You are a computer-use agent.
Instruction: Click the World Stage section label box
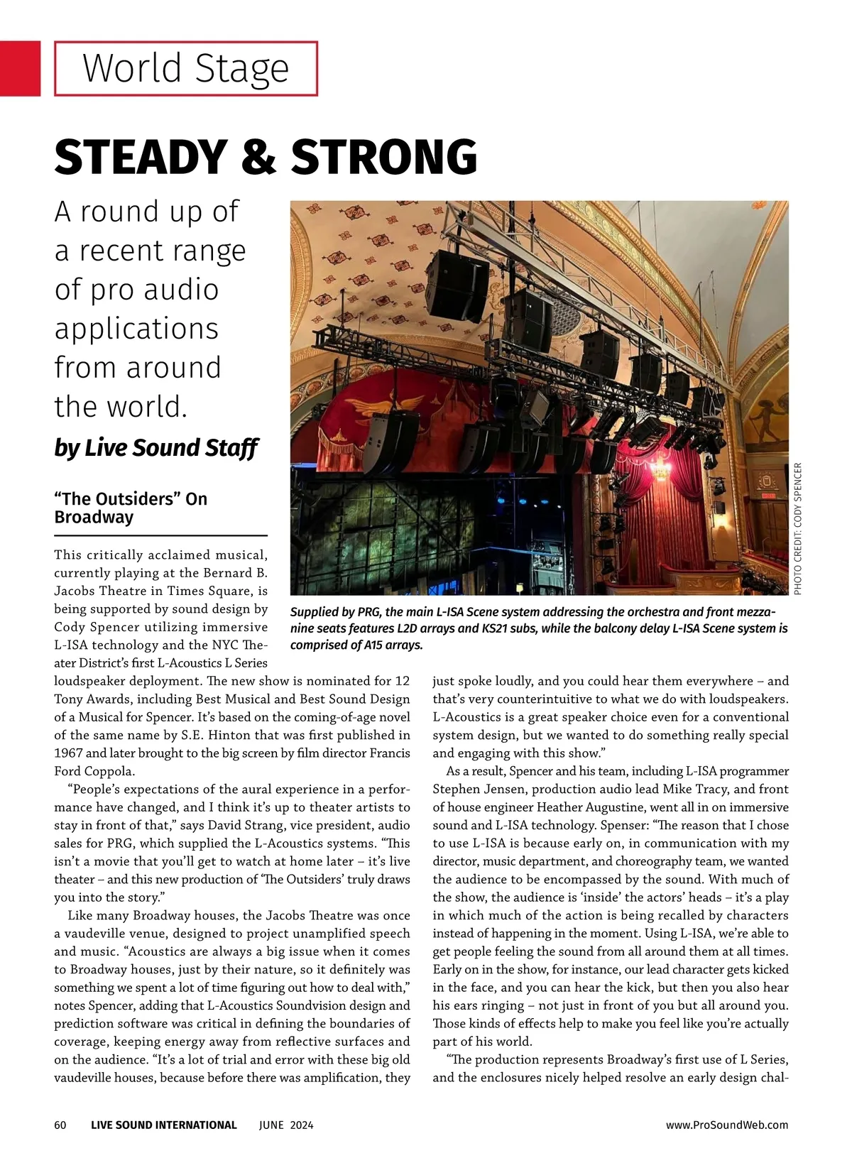(186, 69)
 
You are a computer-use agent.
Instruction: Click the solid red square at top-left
(20, 68)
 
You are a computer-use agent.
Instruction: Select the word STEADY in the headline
(139, 157)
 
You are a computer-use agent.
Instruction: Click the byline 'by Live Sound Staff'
(156, 448)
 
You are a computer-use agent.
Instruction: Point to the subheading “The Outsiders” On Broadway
(131, 508)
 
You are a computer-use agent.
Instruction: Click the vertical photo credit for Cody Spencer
(798, 528)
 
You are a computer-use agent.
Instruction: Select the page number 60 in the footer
(60, 1125)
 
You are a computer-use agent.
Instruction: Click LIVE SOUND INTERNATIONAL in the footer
(164, 1125)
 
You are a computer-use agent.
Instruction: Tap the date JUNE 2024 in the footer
(286, 1125)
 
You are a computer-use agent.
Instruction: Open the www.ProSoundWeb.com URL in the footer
(727, 1125)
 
